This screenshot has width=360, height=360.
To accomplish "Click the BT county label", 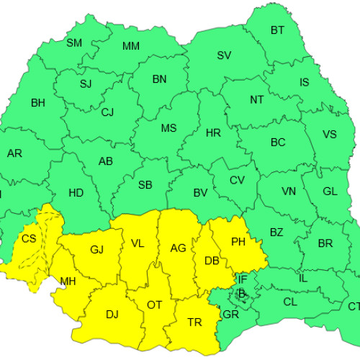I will [277, 30].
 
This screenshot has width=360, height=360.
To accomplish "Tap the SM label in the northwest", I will [74, 42].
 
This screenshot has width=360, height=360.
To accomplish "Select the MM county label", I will [131, 47].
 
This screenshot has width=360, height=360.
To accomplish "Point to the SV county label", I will [224, 55].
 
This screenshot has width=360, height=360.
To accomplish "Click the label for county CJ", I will [107, 112].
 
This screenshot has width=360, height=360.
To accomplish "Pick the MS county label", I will [168, 128].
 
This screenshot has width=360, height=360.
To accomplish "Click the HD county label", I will [76, 193].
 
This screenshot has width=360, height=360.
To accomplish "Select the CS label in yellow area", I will [29, 239].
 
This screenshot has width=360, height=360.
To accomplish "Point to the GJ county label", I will [97, 250].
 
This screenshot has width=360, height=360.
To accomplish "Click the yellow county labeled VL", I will [137, 243].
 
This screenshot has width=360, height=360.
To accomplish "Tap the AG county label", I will [178, 248].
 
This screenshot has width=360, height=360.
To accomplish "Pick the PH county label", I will [238, 242].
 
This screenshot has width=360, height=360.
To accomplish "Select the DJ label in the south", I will [112, 315].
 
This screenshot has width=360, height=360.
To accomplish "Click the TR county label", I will [194, 322].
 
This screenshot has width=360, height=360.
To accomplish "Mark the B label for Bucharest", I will [242, 292].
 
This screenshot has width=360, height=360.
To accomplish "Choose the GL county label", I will [330, 192].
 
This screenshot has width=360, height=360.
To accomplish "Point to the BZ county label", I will [276, 233].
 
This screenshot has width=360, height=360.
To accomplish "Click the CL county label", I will [289, 302].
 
